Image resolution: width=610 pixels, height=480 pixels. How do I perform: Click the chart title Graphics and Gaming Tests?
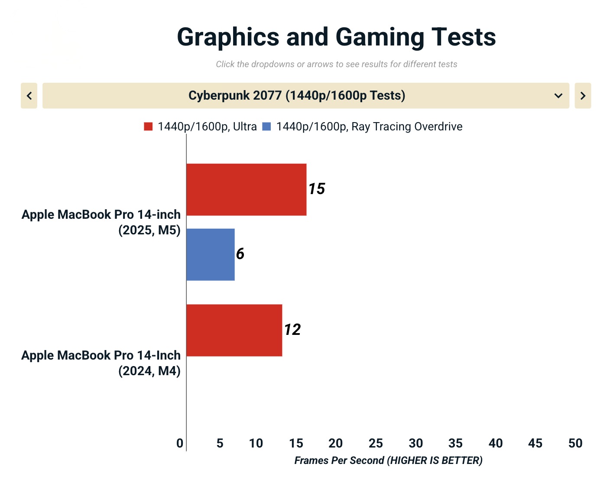336,37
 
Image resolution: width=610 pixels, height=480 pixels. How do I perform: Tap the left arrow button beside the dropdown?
29,96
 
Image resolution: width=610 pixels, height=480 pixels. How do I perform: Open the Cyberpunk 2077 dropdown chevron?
558,96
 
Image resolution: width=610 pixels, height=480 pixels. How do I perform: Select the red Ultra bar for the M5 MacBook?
246,189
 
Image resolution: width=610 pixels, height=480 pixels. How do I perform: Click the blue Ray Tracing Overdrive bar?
211,255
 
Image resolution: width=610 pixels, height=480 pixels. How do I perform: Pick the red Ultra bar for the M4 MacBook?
234,330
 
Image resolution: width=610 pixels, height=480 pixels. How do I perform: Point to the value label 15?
317,189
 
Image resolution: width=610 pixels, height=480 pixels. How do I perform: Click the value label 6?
240,254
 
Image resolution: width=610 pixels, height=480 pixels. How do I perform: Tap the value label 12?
292,330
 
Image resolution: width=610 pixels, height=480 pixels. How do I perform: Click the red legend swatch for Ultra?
148,126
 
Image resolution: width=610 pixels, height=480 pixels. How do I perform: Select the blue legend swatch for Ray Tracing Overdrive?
267,126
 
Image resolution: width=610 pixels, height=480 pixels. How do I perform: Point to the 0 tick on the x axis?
180,443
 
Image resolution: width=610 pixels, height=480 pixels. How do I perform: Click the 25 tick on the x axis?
376,443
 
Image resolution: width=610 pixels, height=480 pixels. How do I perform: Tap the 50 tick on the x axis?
575,443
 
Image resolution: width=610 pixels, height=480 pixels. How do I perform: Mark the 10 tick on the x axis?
256,443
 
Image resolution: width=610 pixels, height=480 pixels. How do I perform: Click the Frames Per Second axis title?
388,461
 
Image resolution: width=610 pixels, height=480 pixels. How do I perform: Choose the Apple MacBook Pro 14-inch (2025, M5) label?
101,222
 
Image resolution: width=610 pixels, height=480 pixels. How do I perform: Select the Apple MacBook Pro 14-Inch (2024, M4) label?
101,363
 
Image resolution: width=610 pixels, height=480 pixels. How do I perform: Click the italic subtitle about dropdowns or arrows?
337,65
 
